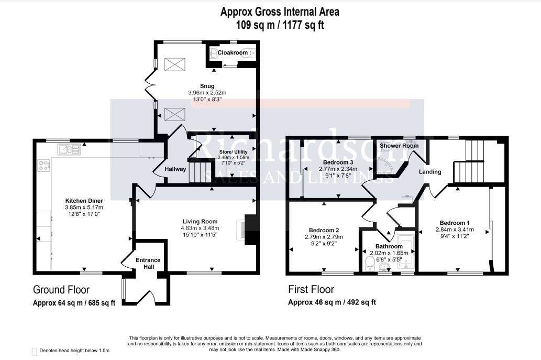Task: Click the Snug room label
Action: [x=207, y=86]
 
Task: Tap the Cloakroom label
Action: [x=233, y=52]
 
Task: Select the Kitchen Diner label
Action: [x=84, y=200]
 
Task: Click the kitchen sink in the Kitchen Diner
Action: [x=69, y=150]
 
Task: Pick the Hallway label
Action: [x=175, y=169]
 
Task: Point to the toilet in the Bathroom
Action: [x=369, y=263]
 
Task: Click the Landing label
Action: [x=430, y=171]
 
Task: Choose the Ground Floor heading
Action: [x=61, y=290]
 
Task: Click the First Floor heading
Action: [x=311, y=290]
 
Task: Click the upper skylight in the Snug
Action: [x=172, y=64]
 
